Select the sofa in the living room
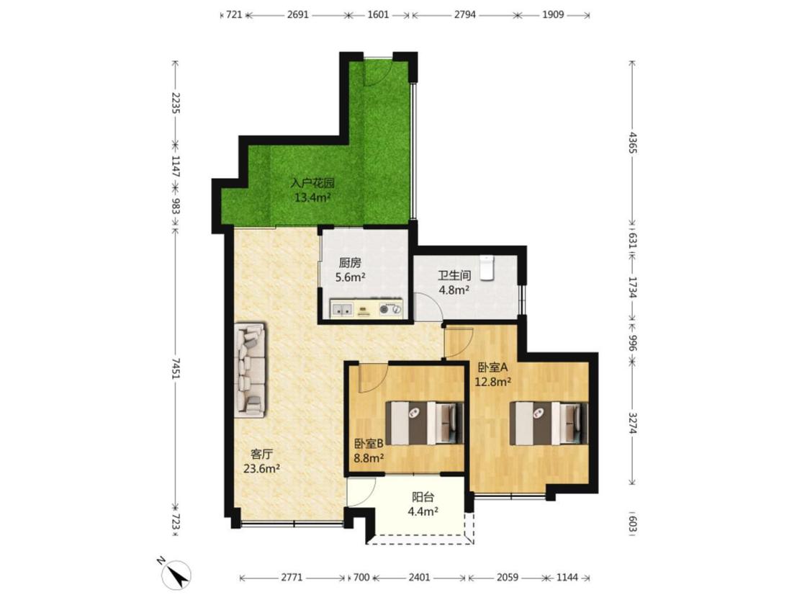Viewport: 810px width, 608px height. click(251, 370)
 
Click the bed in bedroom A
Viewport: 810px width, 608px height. click(549, 424)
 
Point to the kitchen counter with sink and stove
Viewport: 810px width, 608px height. click(366, 308)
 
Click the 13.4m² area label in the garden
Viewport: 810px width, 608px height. click(312, 197)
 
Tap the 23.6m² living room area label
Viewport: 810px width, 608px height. click(261, 468)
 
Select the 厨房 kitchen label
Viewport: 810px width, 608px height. click(350, 263)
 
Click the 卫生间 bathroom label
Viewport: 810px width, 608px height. click(454, 275)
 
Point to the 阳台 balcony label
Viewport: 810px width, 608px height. click(423, 497)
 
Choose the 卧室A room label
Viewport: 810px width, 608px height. click(492, 367)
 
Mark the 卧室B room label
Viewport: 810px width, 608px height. click(369, 443)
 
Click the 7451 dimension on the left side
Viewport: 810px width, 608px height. click(175, 367)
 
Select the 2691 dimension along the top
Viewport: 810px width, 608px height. click(297, 14)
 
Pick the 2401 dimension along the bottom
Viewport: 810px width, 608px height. click(419, 577)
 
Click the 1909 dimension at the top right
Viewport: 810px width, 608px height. click(553, 14)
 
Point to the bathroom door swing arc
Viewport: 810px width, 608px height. click(430, 304)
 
